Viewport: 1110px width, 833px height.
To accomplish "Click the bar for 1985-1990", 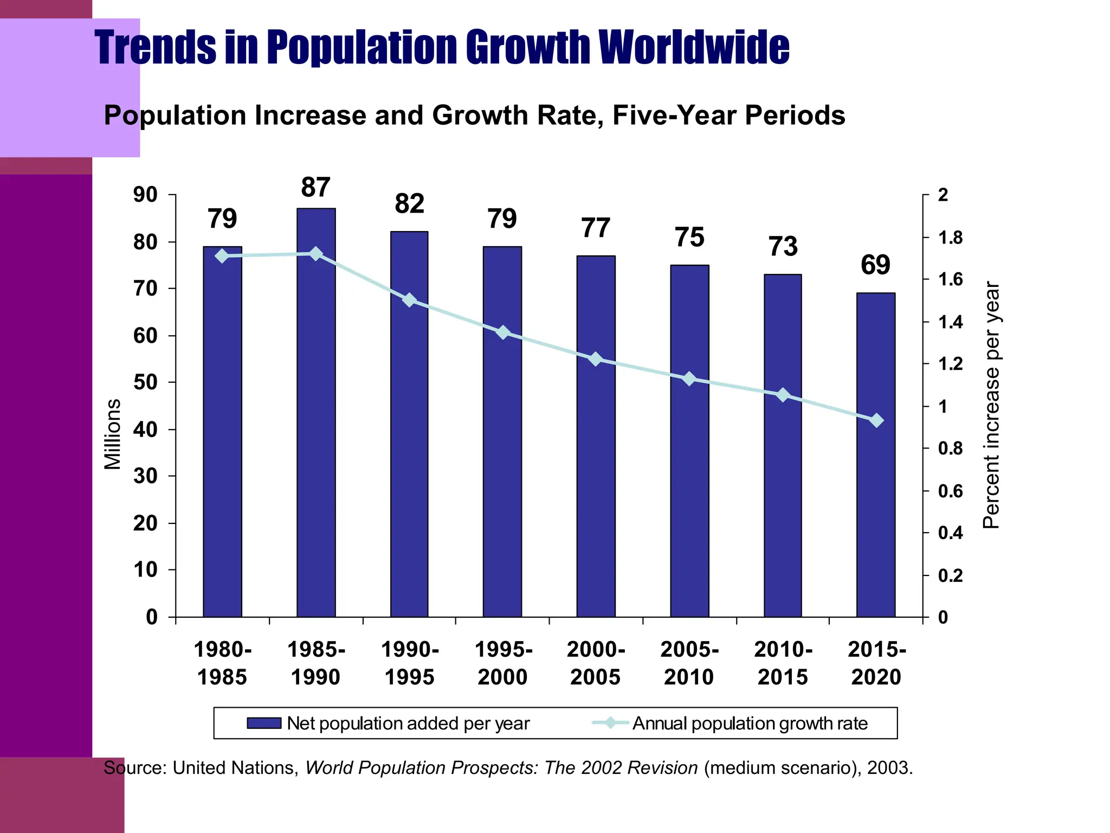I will point(316,434).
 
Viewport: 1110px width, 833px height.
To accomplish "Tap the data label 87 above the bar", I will point(315,188).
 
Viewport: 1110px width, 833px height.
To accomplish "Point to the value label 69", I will point(875,265).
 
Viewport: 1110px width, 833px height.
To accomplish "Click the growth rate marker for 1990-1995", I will point(410,300).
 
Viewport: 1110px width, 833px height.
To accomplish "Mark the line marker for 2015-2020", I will point(876,420).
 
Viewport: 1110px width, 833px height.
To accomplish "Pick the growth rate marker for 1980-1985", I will point(222,256).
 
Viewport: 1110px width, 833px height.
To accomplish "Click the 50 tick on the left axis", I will point(145,382).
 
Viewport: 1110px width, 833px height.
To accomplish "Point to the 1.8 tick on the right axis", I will point(950,238).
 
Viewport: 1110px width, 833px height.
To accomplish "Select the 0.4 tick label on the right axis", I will point(950,533).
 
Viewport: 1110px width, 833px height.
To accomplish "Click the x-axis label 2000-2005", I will point(596,663).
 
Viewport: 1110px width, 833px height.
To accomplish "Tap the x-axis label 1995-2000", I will point(503,663).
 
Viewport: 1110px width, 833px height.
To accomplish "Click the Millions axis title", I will point(113,434).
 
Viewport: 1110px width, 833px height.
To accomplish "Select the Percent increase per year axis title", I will point(991,405).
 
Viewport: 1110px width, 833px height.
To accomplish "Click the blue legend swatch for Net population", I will point(264,723).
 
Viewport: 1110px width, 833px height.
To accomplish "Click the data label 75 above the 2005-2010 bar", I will point(689,238).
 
